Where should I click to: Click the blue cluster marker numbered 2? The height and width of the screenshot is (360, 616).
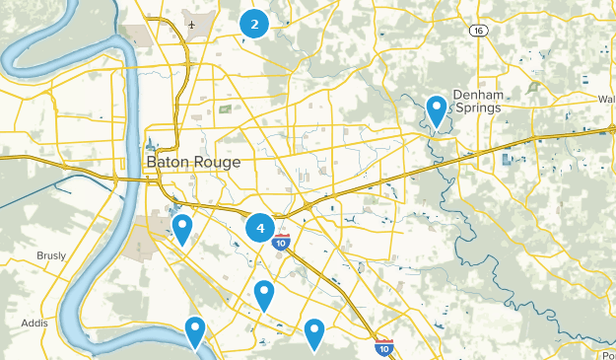[254, 24]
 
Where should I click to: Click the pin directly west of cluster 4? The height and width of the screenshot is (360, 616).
[181, 229]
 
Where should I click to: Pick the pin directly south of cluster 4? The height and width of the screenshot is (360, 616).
[263, 294]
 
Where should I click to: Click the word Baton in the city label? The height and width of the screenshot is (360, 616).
[166, 161]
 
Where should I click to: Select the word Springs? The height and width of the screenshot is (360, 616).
[477, 108]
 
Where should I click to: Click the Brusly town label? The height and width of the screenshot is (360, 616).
[50, 255]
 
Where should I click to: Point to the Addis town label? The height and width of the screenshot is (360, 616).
[34, 323]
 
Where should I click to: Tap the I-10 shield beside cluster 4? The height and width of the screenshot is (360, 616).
[282, 242]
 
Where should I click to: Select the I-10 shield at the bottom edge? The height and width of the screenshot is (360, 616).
[383, 347]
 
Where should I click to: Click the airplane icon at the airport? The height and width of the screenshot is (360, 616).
[188, 23]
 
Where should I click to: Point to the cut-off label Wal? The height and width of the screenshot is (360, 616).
[606, 99]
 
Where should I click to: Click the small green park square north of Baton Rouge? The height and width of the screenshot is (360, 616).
[225, 108]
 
